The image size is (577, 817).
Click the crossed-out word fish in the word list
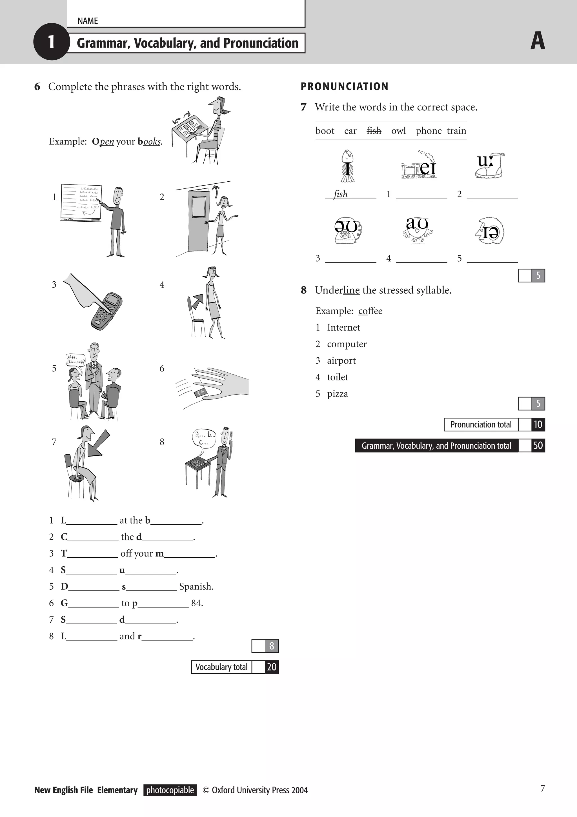coord(374,131)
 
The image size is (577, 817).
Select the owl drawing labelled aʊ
coord(418,231)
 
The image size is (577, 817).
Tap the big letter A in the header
coord(538,41)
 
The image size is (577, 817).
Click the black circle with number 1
coord(51,42)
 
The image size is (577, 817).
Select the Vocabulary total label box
coord(221,667)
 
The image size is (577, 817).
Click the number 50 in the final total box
coord(538,446)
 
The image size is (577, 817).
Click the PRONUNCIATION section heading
coord(344,86)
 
